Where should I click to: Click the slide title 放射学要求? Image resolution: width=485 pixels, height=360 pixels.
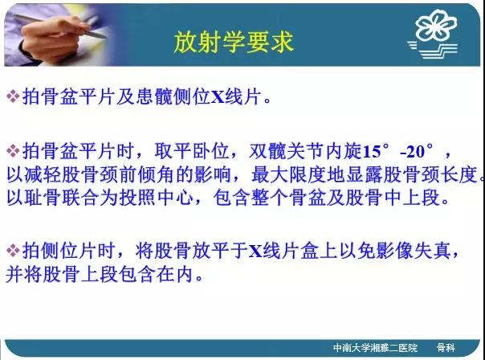(234, 42)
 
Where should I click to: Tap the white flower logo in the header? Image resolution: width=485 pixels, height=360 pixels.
(436, 26)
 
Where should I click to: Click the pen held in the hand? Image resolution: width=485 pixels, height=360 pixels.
(59, 26)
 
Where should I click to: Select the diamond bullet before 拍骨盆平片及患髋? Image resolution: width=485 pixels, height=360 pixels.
(13, 96)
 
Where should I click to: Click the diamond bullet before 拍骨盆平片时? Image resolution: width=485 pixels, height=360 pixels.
(13, 151)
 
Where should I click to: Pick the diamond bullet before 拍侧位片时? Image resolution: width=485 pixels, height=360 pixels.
(13, 250)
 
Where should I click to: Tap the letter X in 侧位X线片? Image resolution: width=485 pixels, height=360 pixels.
(218, 96)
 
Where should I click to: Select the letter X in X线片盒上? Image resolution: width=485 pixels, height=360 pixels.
(256, 251)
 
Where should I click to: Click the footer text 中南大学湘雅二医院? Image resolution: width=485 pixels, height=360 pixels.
(375, 348)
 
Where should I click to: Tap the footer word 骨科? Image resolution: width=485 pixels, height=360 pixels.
(446, 348)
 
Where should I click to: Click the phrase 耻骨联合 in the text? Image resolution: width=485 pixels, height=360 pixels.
(62, 198)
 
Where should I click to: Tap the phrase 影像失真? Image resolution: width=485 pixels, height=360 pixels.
(414, 251)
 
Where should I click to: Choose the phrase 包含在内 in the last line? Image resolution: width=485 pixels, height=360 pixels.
(157, 274)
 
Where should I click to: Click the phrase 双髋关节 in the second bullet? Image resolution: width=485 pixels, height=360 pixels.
(286, 151)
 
